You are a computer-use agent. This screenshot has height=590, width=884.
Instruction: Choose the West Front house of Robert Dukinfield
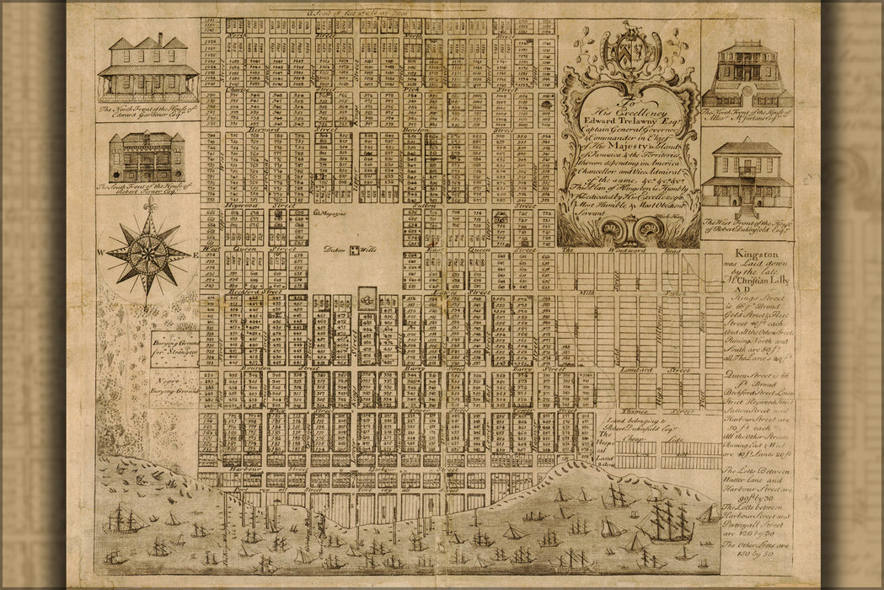point(747,174)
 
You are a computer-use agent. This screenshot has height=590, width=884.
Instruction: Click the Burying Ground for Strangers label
point(174,347)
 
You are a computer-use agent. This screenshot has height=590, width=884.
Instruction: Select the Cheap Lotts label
point(666,438)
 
